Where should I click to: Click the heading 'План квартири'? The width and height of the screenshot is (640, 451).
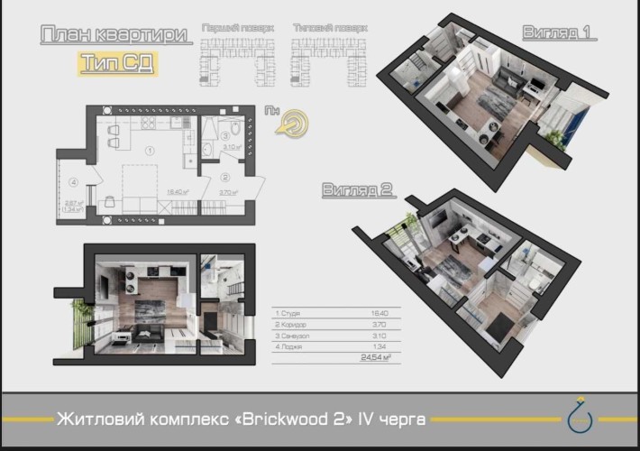115,35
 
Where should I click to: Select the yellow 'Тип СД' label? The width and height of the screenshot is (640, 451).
115,63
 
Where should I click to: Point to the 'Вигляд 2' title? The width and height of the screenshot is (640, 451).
360,189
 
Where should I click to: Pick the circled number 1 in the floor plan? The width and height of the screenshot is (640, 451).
150,150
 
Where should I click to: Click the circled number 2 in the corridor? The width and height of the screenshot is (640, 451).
225,177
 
